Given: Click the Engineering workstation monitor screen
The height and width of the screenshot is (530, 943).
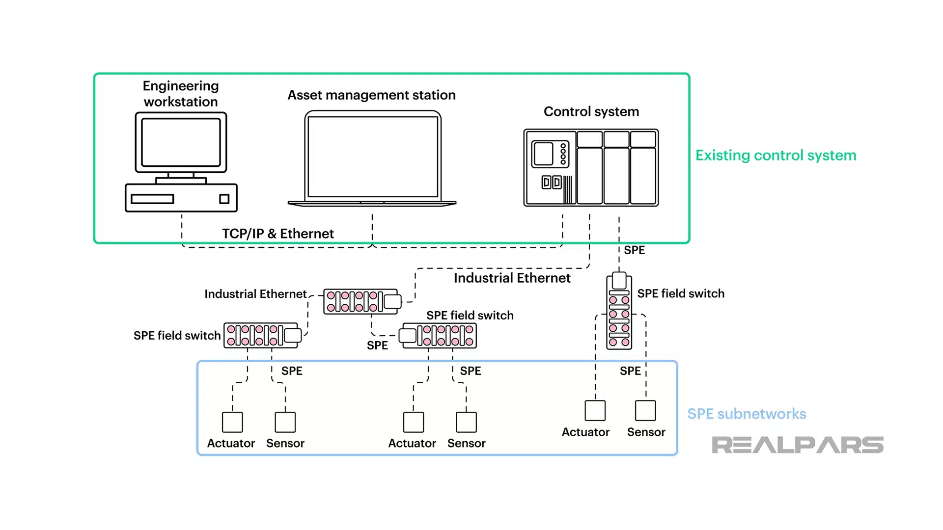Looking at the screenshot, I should pyautogui.click(x=181, y=142).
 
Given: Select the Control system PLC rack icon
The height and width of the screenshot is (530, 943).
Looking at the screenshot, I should pyautogui.click(x=591, y=168).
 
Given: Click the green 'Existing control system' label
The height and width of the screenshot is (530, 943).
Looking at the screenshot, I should pyautogui.click(x=776, y=156).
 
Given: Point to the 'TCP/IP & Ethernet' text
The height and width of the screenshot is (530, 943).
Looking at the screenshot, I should pyautogui.click(x=277, y=234).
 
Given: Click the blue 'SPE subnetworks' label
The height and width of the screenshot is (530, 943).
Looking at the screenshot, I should pyautogui.click(x=747, y=414).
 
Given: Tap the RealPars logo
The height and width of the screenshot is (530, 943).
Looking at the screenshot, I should pyautogui.click(x=797, y=445).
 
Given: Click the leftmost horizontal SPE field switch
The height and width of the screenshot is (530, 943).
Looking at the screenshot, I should pyautogui.click(x=262, y=336).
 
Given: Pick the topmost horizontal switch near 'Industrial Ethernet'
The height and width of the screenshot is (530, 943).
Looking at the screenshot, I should pyautogui.click(x=362, y=301).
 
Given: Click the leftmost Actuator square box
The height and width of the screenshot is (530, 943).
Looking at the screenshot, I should pyautogui.click(x=232, y=422).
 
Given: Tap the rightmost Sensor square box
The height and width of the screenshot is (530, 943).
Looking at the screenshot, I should pyautogui.click(x=645, y=411).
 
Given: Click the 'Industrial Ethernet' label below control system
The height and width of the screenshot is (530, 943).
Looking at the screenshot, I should pyautogui.click(x=512, y=278).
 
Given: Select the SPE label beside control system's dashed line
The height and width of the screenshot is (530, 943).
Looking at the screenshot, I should pyautogui.click(x=634, y=250).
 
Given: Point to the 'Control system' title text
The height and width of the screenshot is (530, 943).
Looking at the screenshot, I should pyautogui.click(x=591, y=112).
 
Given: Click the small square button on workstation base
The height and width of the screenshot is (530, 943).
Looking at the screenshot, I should pyautogui.click(x=224, y=199).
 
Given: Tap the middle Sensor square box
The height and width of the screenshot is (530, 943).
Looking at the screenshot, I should pyautogui.click(x=466, y=422).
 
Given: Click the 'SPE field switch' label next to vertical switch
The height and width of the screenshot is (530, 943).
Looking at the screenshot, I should pyautogui.click(x=681, y=293).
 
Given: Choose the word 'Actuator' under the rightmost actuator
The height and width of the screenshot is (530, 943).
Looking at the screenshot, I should pyautogui.click(x=585, y=432).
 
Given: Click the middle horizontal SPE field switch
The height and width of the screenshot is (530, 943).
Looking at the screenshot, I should pyautogui.click(x=438, y=336).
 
